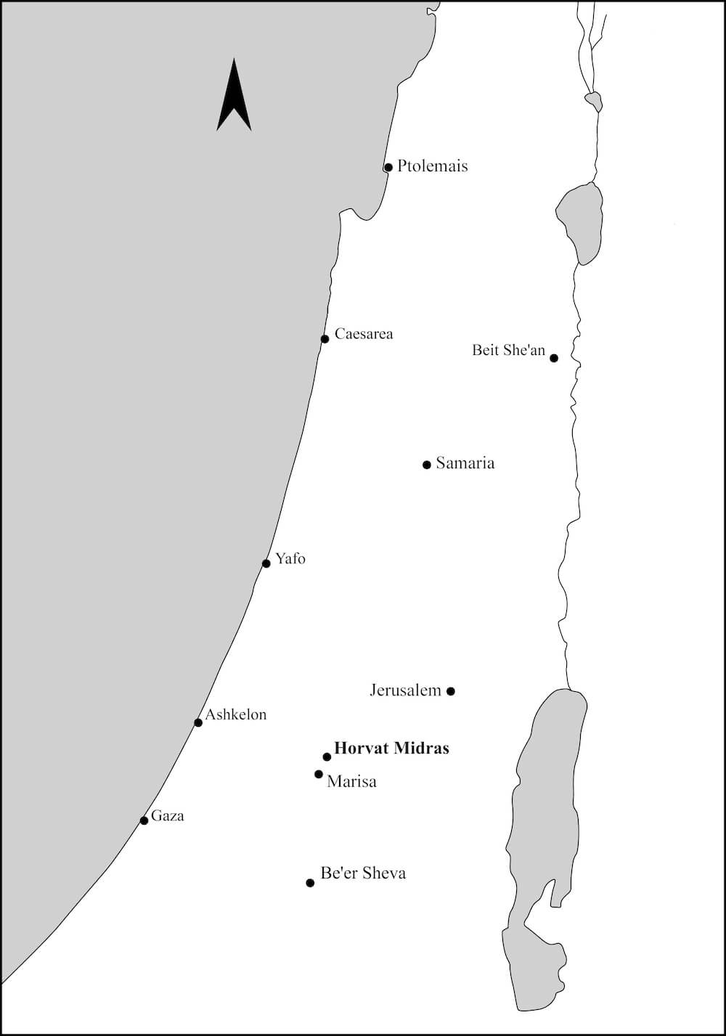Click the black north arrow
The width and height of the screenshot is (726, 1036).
234,98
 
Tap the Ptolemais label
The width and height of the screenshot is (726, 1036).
432,166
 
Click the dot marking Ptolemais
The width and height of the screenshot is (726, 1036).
388,168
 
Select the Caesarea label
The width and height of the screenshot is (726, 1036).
364,334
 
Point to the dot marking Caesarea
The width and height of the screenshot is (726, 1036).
325,339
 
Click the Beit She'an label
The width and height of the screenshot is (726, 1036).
508,350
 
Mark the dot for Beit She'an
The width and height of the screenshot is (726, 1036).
554,358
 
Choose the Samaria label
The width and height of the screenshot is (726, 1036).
465,463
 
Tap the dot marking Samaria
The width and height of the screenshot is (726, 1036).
427,465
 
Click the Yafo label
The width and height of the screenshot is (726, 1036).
290,558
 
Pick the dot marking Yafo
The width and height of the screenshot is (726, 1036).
266,563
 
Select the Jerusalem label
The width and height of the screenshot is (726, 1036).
405,690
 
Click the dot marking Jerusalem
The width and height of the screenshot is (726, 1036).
451,691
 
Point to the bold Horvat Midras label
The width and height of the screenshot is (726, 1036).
391,748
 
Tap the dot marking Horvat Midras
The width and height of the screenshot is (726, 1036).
327,756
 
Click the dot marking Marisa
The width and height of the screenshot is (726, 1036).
319,774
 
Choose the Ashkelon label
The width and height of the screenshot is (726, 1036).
235,714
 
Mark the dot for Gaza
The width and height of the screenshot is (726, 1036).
144,820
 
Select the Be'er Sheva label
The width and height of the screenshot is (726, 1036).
363,873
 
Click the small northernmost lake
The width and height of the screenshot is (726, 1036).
594,101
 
